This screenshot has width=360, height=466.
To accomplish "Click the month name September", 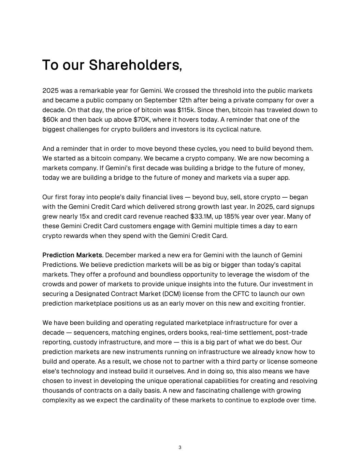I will [160, 100].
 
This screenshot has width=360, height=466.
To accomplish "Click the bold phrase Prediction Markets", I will [72, 255].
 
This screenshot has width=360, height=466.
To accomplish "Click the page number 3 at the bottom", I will [180, 448].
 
